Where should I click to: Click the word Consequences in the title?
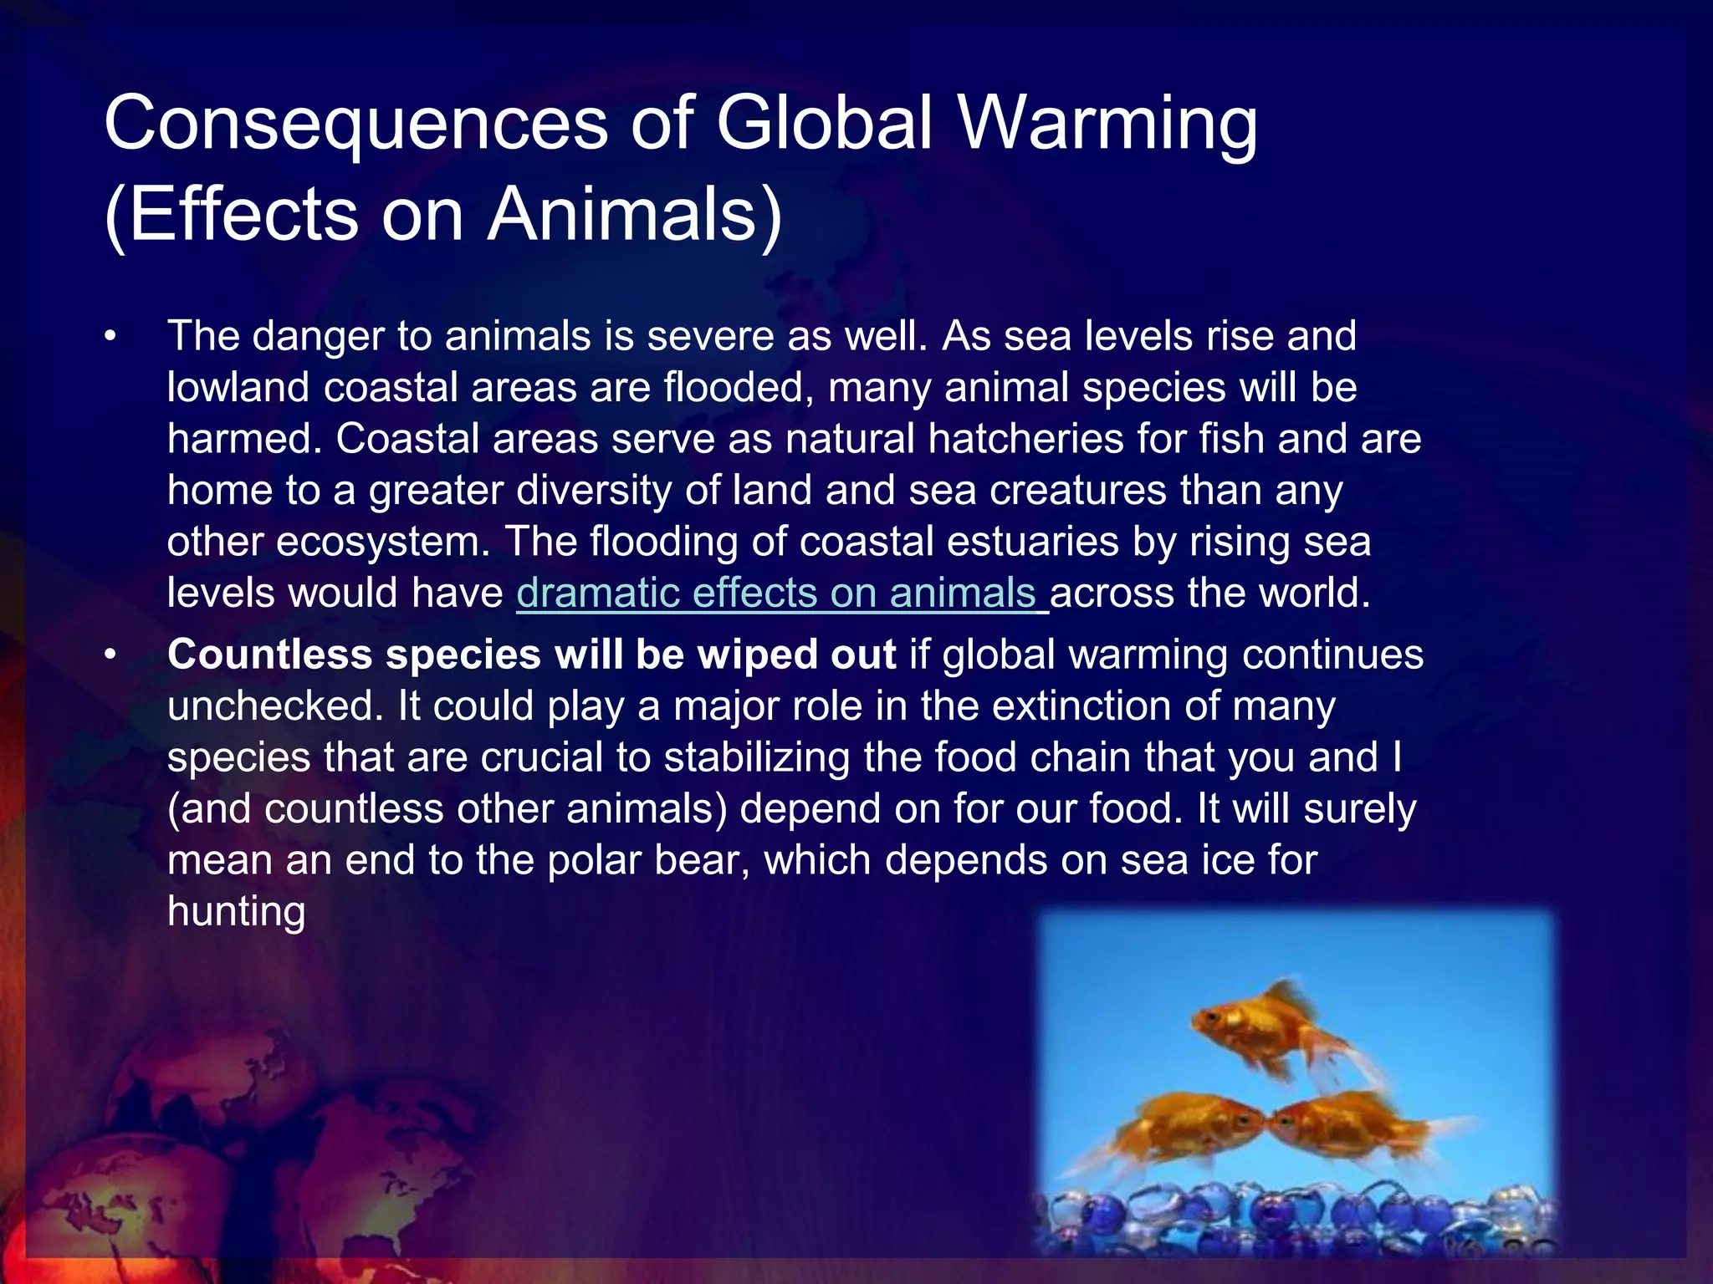coord(356,124)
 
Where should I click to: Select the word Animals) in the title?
coord(636,215)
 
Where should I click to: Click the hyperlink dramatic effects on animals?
coord(776,593)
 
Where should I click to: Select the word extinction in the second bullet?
coord(1063,706)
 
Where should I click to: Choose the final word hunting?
coord(236,911)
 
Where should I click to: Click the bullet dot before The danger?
coord(109,337)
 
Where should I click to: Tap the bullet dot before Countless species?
coord(109,655)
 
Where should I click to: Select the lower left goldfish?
coord(1188,1124)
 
